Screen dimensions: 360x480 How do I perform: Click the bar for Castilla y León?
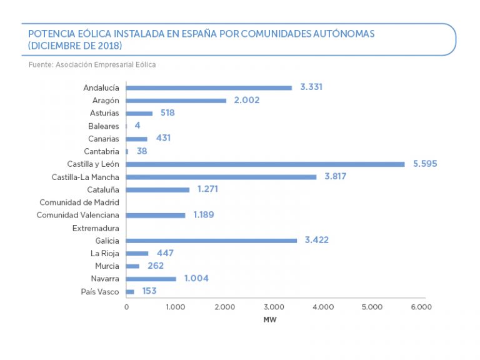tap(266, 164)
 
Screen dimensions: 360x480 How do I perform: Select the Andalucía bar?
tap(209, 87)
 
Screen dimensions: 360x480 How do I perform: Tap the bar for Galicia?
tap(211, 241)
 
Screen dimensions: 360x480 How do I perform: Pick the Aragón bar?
tap(176, 101)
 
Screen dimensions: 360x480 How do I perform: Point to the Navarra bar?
tap(151, 279)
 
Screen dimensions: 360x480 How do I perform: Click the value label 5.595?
tap(425, 164)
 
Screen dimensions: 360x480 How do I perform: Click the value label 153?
tap(149, 291)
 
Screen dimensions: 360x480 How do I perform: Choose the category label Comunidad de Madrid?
tap(79, 202)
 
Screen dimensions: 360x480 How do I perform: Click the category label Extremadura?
tap(96, 228)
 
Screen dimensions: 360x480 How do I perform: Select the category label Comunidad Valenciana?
tap(77, 215)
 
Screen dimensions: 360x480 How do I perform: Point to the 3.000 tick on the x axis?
tap(274, 307)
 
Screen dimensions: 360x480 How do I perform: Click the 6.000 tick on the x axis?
tap(421, 307)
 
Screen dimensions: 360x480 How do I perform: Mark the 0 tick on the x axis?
tap(126, 307)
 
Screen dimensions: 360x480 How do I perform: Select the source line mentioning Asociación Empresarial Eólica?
tap(92, 64)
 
